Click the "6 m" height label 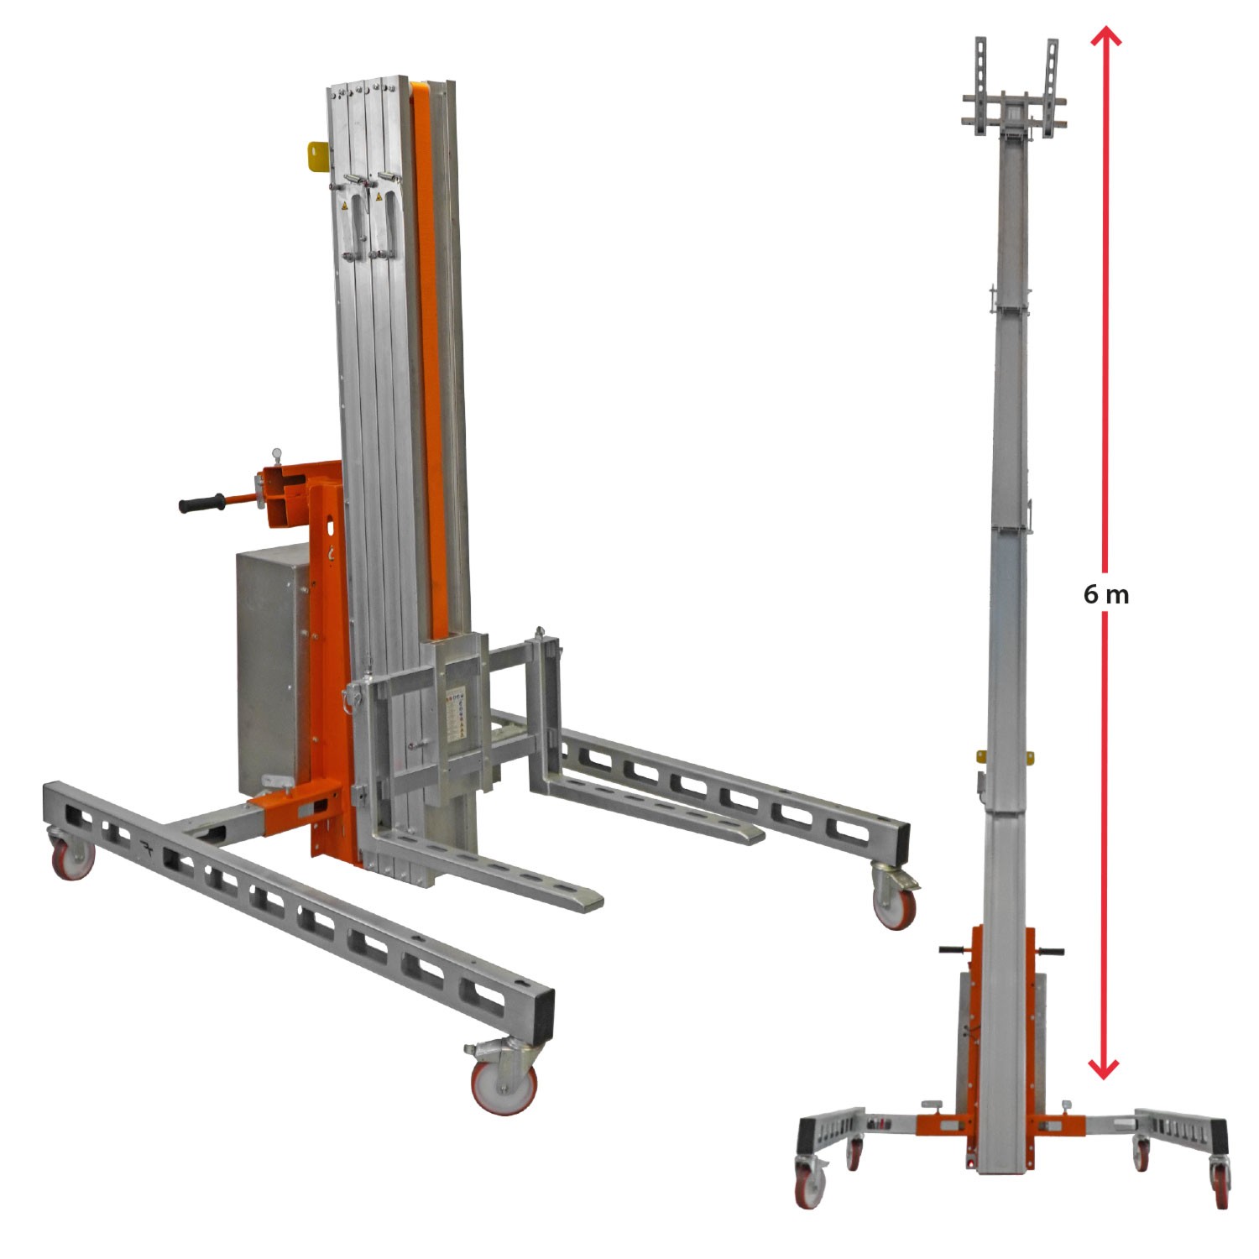click(1105, 594)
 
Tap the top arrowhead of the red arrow click(1105, 35)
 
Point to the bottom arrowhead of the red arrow click(1104, 1068)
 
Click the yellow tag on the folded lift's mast click(318, 156)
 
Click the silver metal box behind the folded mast click(271, 663)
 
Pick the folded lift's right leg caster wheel click(894, 905)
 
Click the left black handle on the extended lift click(953, 950)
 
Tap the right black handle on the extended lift click(1051, 952)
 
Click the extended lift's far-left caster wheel click(810, 1189)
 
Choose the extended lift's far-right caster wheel click(1220, 1189)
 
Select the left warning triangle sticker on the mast click(343, 205)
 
